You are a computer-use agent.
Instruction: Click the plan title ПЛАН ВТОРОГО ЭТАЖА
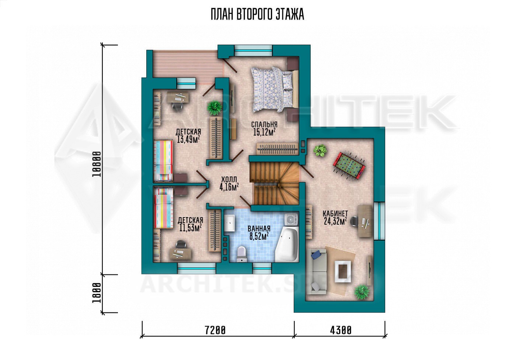[x=258, y=15]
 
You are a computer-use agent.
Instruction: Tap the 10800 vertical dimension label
[x=96, y=164]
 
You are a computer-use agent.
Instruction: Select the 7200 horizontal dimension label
[x=215, y=331]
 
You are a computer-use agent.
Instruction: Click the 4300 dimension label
[x=341, y=331]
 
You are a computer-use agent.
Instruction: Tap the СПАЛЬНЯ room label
[x=264, y=125]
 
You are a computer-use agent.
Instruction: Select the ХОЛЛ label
[x=229, y=180]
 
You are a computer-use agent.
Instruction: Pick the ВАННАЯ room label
[x=259, y=229]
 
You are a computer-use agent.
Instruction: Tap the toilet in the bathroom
[x=241, y=254]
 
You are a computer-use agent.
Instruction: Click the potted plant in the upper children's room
[x=215, y=107]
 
